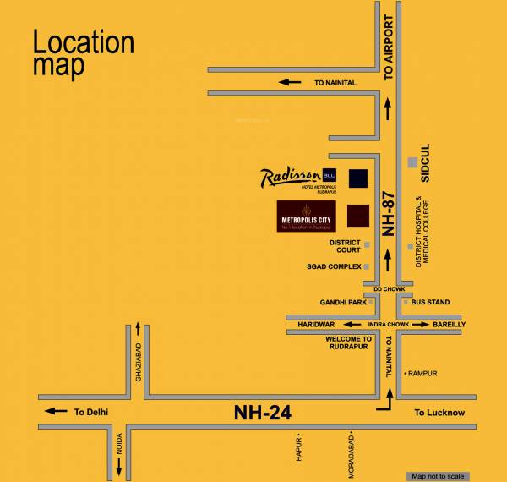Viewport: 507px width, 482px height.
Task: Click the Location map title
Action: (x=84, y=54)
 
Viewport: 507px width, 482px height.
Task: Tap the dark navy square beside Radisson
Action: (x=358, y=178)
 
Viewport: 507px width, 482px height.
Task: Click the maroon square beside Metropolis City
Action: (x=358, y=216)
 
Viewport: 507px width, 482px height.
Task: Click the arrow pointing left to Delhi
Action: (x=56, y=412)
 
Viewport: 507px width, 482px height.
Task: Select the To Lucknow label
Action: (x=439, y=413)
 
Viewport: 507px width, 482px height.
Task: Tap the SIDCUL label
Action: (x=425, y=162)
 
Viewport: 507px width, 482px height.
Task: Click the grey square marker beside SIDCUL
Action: (x=412, y=162)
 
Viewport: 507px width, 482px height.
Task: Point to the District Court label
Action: (x=345, y=246)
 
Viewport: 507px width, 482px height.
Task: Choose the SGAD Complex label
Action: (x=334, y=266)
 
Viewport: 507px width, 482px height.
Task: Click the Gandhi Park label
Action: (x=343, y=302)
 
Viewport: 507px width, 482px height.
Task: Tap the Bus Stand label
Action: (x=430, y=302)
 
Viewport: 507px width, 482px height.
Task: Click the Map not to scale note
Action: (x=436, y=475)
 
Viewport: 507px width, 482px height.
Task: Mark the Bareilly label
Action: (x=449, y=324)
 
